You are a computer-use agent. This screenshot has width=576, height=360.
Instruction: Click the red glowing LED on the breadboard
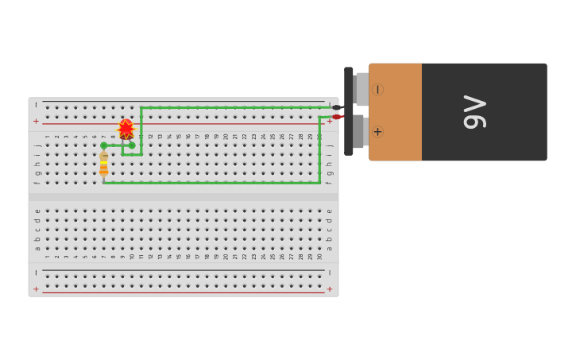(x=126, y=129)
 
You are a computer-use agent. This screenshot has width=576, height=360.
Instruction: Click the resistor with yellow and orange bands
(x=103, y=165)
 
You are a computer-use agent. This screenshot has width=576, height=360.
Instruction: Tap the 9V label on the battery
(x=474, y=111)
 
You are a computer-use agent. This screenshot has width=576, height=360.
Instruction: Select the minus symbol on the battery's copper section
(x=377, y=90)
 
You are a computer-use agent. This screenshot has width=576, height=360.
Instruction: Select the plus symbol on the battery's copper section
(x=377, y=132)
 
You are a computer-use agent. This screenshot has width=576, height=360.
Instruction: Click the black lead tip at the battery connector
(x=337, y=107)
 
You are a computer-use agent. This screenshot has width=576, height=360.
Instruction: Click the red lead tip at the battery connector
(x=337, y=117)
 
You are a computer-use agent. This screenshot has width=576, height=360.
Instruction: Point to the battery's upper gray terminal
(x=361, y=89)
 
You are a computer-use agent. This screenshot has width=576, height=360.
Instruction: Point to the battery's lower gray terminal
(x=359, y=131)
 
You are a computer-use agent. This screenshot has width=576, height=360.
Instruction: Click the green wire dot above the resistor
(x=103, y=145)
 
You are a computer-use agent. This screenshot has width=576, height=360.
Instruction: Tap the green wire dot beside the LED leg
(x=132, y=145)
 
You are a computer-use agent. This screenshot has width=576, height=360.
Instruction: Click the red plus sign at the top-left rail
(x=36, y=122)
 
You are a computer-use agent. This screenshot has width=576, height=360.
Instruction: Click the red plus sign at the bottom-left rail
(x=36, y=289)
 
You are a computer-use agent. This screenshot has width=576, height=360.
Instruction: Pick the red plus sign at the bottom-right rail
(x=330, y=289)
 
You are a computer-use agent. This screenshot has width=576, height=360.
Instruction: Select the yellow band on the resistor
(x=103, y=159)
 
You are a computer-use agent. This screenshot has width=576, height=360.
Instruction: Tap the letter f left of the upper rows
(x=37, y=182)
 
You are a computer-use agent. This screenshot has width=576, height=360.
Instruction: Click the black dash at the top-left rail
(x=36, y=105)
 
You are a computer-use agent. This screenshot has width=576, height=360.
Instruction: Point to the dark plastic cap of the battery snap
(x=349, y=111)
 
